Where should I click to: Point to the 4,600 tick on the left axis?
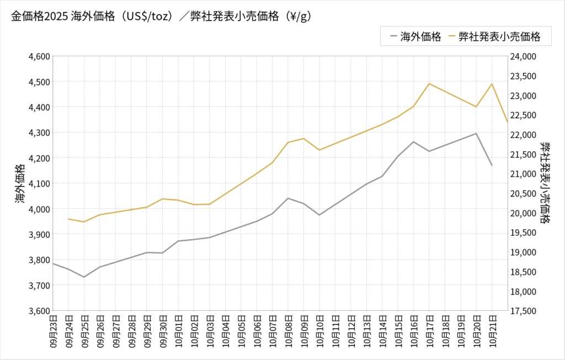(x=39, y=56)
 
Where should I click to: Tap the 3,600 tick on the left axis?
(x=39, y=311)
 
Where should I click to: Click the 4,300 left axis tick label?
(x=39, y=133)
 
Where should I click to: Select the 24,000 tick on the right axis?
(x=524, y=56)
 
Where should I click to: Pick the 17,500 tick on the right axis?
(x=524, y=311)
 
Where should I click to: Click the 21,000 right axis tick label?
(x=524, y=174)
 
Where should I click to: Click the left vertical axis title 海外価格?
(x=20, y=183)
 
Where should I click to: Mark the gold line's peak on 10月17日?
(x=429, y=84)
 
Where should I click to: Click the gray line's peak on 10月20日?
(x=476, y=134)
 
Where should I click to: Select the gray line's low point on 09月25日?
(x=84, y=277)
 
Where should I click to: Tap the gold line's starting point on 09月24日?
(x=68, y=219)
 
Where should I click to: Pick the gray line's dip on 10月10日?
(x=319, y=215)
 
